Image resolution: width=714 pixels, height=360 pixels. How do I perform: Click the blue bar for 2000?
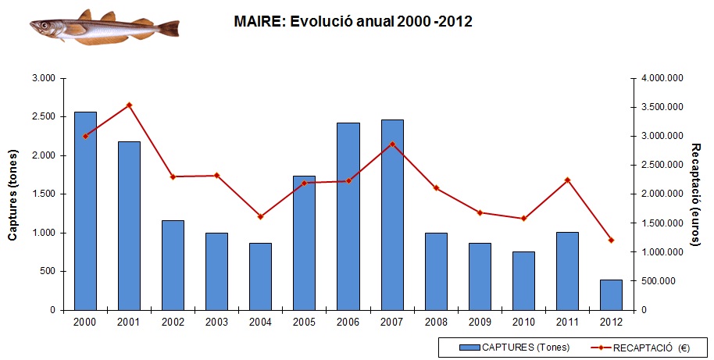coord(85,211)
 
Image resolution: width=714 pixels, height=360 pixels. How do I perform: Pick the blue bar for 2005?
coord(304,243)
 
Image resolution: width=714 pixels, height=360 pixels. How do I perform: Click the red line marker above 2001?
coord(129,105)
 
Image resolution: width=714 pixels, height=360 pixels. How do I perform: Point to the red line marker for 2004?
coord(260,216)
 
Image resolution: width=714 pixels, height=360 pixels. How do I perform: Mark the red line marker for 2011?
coord(567,180)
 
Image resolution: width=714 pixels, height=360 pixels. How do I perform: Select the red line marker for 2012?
coord(611,240)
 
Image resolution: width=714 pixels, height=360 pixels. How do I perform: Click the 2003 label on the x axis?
coord(216,321)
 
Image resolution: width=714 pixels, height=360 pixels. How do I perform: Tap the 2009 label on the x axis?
coord(480,321)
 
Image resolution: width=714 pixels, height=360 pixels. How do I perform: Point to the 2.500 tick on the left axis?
coord(44,117)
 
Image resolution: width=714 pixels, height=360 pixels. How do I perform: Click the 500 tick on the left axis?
coord(48,272)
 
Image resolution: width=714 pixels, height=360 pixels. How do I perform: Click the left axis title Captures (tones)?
coord(12,194)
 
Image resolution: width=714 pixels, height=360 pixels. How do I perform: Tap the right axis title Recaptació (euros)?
coord(698,193)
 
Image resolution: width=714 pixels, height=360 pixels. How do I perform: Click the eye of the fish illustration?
coord(45,25)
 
